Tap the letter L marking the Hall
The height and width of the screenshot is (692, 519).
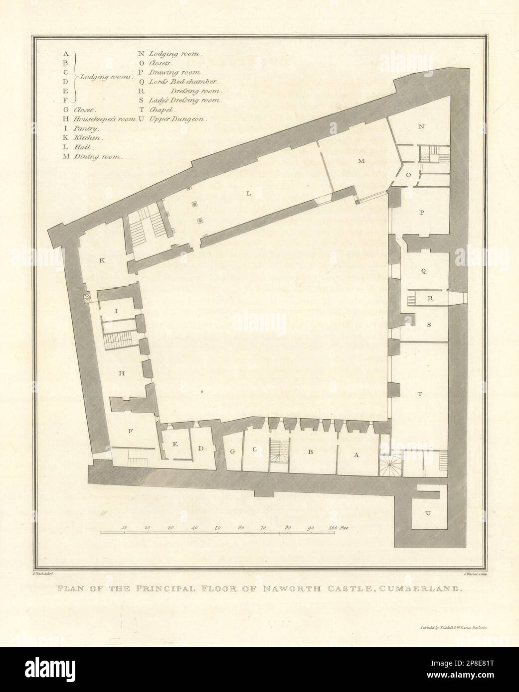coord(249,195)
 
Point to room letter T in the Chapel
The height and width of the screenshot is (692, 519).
coord(420,394)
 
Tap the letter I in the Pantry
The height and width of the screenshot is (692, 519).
coord(116,311)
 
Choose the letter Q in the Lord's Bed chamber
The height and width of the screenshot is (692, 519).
coord(423,271)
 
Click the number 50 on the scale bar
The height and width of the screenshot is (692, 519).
coord(217,527)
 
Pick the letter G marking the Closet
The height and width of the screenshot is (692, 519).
coord(232,451)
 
